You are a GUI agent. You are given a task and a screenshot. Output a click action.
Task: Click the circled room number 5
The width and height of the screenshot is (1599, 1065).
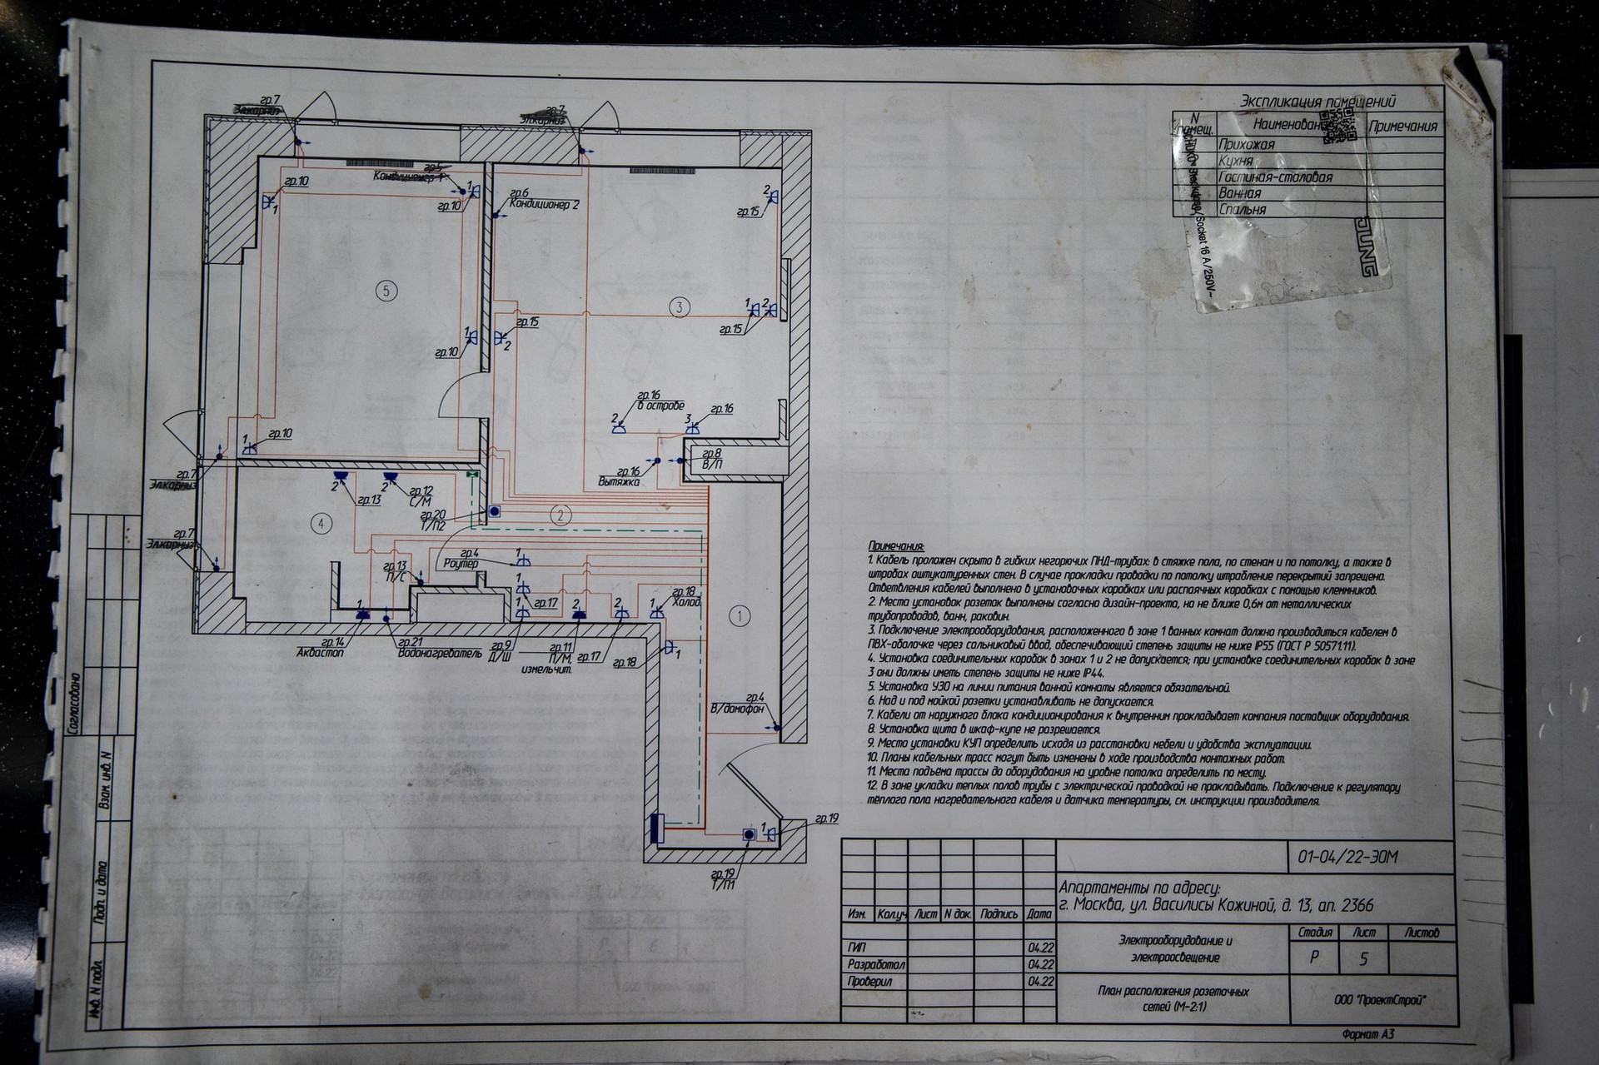(385, 291)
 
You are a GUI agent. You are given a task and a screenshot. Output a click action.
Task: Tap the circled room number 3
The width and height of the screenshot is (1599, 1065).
(680, 306)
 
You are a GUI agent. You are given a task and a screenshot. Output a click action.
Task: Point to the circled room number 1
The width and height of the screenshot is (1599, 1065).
(739, 616)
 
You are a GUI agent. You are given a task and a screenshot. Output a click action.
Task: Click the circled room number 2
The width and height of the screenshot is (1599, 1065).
(562, 515)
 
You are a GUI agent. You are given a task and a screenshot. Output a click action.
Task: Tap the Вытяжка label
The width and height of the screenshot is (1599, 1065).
(618, 481)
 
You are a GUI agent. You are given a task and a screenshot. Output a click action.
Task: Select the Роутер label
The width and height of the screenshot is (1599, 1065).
(462, 564)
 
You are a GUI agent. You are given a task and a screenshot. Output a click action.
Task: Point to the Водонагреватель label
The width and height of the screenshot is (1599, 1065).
(440, 654)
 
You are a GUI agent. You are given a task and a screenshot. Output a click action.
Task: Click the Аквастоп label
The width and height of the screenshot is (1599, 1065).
(320, 654)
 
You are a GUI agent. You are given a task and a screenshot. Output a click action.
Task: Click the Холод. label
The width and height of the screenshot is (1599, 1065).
(687, 602)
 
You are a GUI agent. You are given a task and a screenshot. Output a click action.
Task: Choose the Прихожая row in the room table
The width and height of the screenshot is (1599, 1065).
(1246, 146)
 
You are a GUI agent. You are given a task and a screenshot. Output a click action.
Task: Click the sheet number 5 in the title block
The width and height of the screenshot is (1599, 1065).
(1363, 959)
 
